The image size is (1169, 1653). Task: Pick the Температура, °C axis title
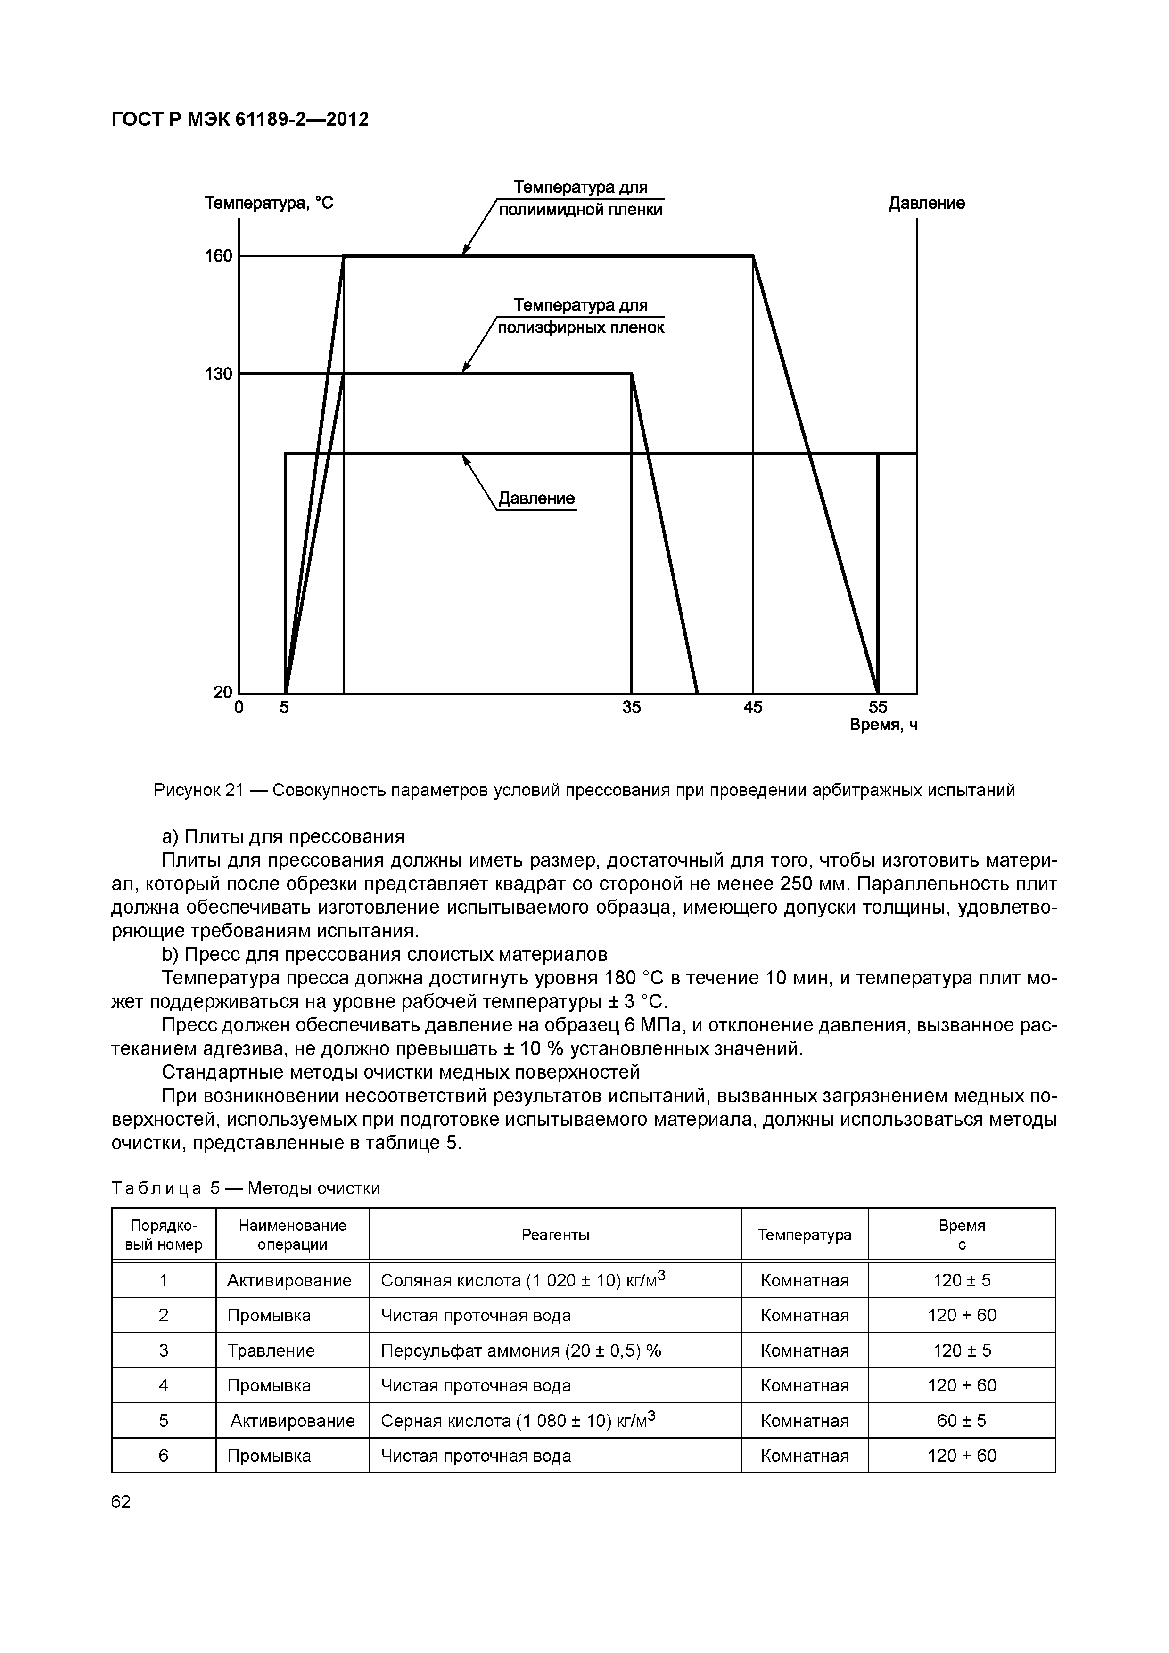click(269, 203)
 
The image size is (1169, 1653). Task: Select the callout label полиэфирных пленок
click(581, 327)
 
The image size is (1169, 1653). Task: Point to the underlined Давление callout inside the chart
click(536, 498)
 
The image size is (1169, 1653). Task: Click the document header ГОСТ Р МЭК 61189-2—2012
click(240, 120)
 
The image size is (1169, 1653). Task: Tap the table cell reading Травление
click(271, 1350)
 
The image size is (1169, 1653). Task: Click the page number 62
click(121, 1502)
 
